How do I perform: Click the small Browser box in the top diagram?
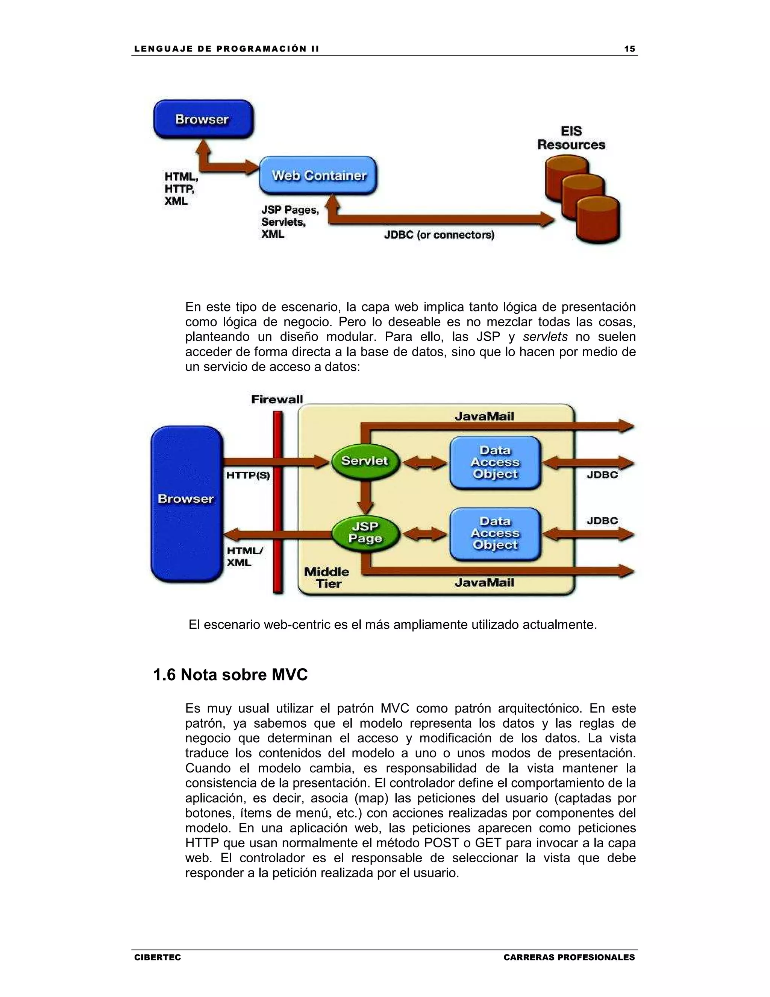click(x=203, y=119)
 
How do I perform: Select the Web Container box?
click(x=318, y=176)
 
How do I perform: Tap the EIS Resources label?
click(x=571, y=138)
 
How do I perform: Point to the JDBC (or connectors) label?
click(x=439, y=235)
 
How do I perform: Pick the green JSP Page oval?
click(x=365, y=532)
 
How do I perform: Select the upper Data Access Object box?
click(x=495, y=462)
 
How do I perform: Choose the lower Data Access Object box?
click(x=495, y=533)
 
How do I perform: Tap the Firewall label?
click(x=277, y=400)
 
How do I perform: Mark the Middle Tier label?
click(x=327, y=578)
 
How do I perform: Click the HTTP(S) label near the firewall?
click(x=248, y=476)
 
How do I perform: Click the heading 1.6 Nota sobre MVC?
click(x=230, y=675)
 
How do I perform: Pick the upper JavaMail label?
click(x=484, y=416)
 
